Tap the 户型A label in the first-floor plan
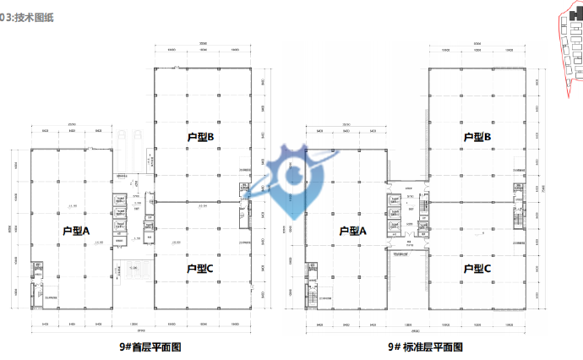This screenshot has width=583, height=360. (76, 230)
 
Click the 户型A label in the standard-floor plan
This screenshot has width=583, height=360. (352, 230)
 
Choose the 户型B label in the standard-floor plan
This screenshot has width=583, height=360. (477, 136)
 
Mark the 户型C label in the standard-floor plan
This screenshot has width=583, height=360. (477, 269)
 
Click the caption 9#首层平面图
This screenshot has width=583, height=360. (150, 346)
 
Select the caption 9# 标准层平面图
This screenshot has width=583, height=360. (427, 346)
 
